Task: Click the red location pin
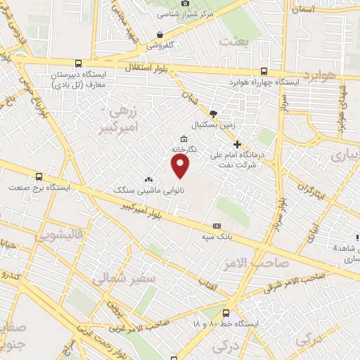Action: (x=181, y=165)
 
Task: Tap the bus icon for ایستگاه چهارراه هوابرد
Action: (x=264, y=71)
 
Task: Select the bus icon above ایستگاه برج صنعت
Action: (x=39, y=177)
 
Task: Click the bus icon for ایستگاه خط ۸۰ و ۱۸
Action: (x=226, y=314)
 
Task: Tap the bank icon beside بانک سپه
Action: (x=217, y=226)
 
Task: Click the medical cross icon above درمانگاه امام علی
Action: (x=237, y=144)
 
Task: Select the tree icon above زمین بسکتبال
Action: (x=214, y=113)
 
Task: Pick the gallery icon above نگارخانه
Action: (x=184, y=139)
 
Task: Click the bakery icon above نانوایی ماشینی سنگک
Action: (x=148, y=180)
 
